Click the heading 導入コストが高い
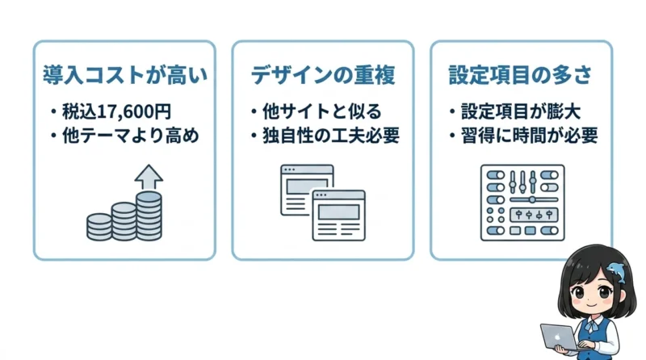click(x=125, y=75)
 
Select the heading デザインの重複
click(x=323, y=75)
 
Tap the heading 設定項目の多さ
click(x=520, y=75)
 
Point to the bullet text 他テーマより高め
click(x=131, y=136)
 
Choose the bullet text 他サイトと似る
click(x=322, y=111)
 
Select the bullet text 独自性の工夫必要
click(x=331, y=136)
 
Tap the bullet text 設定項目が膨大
click(x=521, y=111)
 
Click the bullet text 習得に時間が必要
click(x=530, y=136)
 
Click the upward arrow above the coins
click(x=149, y=178)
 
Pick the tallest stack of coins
click(x=149, y=216)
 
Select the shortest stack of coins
click(x=99, y=227)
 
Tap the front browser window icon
click(x=338, y=215)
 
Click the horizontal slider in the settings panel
click(x=534, y=199)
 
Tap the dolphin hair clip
click(x=616, y=272)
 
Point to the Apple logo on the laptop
click(x=558, y=337)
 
